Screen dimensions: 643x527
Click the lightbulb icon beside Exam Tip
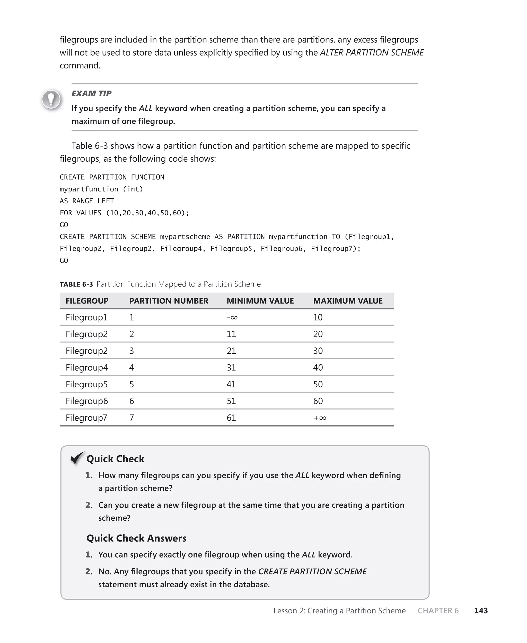[51, 99]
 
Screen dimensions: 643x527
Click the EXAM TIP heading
[91, 93]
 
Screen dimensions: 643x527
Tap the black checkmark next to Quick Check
[77, 458]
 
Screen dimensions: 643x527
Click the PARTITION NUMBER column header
[169, 301]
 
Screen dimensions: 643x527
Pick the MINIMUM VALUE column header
[260, 301]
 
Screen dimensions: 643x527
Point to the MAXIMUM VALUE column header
[348, 301]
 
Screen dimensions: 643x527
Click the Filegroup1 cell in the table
[86, 318]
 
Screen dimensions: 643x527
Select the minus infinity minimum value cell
[232, 318]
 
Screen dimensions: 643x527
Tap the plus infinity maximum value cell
[320, 418]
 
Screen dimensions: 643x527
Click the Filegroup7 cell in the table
[86, 418]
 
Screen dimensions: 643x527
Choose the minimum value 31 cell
[231, 368]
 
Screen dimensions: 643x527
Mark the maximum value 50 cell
[318, 384]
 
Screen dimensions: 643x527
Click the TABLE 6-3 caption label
[76, 284]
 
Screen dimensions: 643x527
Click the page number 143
[481, 611]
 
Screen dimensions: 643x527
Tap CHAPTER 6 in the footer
[438, 611]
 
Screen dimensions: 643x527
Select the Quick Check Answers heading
[136, 538]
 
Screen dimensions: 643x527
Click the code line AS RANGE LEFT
[87, 201]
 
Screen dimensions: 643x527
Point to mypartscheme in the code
[185, 237]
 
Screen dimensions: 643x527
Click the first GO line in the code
[64, 225]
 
